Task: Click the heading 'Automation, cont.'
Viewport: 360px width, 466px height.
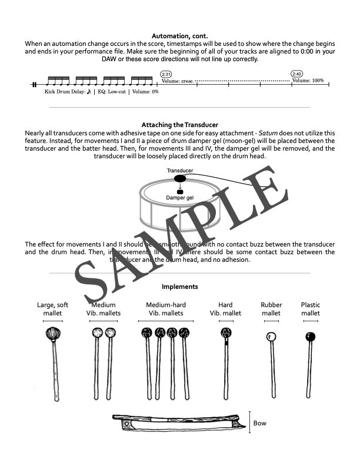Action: [x=180, y=36]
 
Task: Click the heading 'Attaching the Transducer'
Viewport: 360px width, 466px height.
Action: [x=180, y=125]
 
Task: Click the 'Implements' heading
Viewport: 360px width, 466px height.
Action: [x=180, y=287]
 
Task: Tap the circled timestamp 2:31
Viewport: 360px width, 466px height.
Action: [x=166, y=74]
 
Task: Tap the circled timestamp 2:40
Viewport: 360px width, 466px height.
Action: [x=297, y=74]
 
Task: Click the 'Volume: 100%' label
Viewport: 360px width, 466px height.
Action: [x=309, y=81]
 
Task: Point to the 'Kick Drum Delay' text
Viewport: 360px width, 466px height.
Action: [x=65, y=92]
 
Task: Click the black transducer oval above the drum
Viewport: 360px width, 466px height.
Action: [x=180, y=179]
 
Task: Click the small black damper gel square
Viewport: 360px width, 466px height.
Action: [x=180, y=192]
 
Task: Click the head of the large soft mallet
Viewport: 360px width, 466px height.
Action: [x=53, y=335]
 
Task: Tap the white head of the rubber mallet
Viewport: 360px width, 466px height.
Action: [x=271, y=337]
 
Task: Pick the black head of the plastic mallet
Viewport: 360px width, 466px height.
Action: [x=310, y=337]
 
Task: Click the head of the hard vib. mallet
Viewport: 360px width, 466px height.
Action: [x=226, y=334]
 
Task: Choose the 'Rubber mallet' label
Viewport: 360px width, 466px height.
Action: [x=271, y=309]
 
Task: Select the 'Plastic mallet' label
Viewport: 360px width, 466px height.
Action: [x=310, y=309]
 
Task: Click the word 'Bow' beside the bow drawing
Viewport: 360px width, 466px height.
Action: [x=259, y=423]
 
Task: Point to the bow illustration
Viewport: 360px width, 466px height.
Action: [x=176, y=422]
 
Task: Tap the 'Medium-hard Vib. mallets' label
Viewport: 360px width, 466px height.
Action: [x=165, y=309]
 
